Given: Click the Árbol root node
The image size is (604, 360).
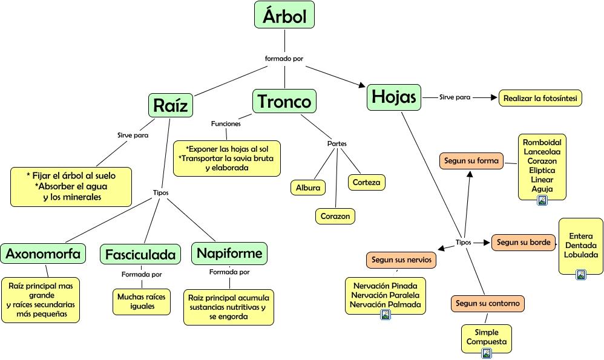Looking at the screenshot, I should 284,15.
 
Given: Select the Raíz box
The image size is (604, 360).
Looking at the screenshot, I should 171,105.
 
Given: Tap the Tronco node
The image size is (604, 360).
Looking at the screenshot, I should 284,101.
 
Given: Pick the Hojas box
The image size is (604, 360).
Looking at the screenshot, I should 393,97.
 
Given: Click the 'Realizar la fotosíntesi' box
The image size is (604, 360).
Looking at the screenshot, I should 540,98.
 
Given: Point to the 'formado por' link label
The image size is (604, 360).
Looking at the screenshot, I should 284,59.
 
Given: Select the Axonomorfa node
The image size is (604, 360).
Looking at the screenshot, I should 43,254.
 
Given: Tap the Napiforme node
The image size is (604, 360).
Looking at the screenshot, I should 229,253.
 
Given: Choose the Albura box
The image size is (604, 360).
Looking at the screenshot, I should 307,188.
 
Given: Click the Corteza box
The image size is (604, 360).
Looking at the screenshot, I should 366,182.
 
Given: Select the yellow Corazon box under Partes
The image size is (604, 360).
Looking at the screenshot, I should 335,216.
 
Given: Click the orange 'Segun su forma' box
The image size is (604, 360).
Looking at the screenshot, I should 471,161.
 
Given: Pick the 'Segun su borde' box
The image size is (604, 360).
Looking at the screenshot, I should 524,243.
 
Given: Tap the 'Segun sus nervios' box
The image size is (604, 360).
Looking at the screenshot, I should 401,260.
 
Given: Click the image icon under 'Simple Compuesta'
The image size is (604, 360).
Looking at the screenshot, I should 486,353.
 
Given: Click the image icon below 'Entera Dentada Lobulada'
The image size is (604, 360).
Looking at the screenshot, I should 581,275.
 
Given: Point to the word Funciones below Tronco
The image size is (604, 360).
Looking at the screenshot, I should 226,123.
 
